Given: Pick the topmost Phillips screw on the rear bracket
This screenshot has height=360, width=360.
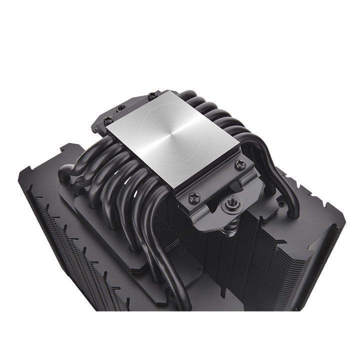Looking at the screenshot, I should tap(152, 95).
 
